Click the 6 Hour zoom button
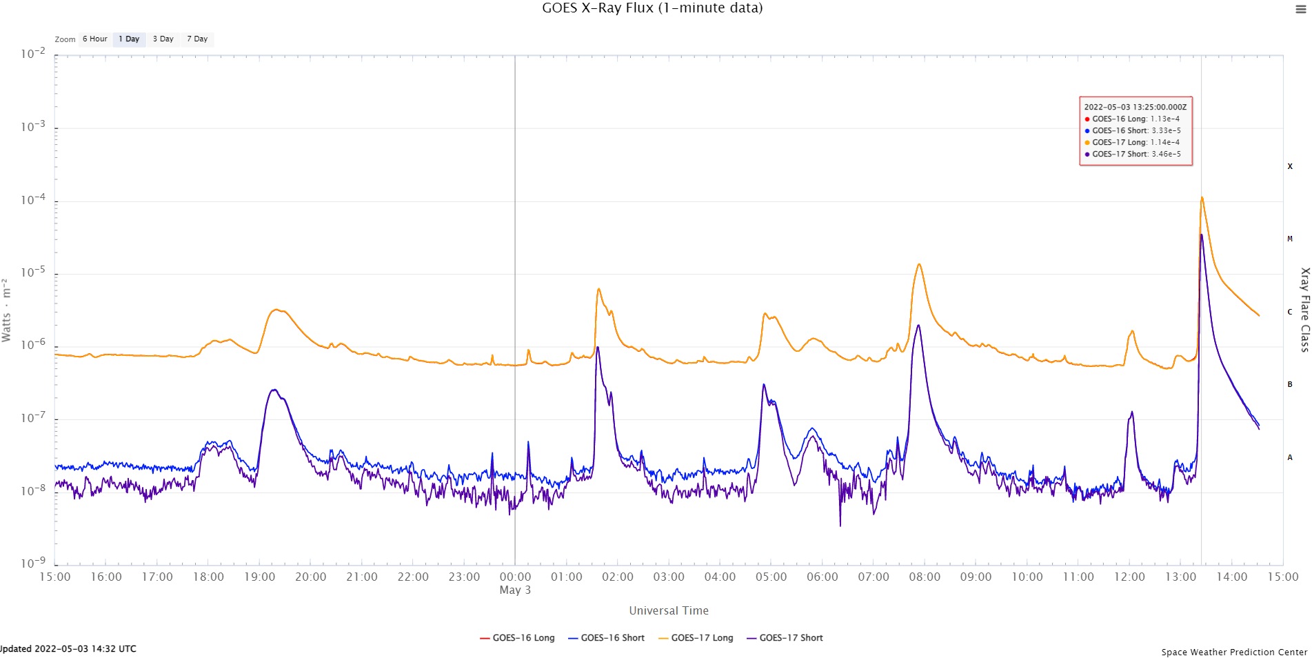pyautogui.click(x=94, y=39)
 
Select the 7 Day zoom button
pyautogui.click(x=197, y=39)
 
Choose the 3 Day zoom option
pyautogui.click(x=163, y=39)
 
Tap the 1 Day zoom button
pyautogui.click(x=129, y=39)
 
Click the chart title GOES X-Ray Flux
pyautogui.click(x=652, y=8)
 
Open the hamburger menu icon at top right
pyautogui.click(x=1300, y=10)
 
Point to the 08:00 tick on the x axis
pyautogui.click(x=925, y=577)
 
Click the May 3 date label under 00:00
pyautogui.click(x=515, y=590)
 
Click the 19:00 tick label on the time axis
pyautogui.click(x=259, y=577)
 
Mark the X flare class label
pyautogui.click(x=1290, y=166)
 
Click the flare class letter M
pyautogui.click(x=1290, y=239)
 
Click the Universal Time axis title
pyautogui.click(x=668, y=610)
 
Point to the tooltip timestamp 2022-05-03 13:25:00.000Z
pyautogui.click(x=1135, y=107)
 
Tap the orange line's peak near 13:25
pyautogui.click(x=1202, y=198)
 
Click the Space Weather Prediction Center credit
pyautogui.click(x=1233, y=652)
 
